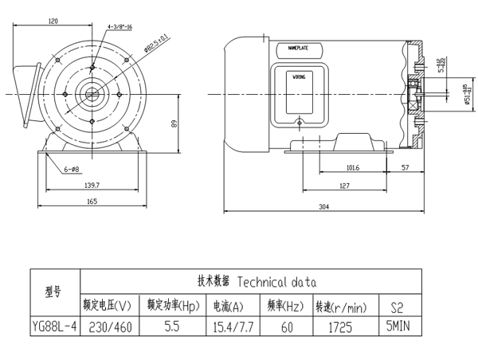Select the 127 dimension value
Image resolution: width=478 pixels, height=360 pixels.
[x=344, y=186]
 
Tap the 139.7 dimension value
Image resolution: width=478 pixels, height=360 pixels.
[x=92, y=185]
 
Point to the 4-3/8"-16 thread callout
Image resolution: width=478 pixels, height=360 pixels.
[x=119, y=26]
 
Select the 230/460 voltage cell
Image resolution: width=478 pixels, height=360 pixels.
[x=112, y=327]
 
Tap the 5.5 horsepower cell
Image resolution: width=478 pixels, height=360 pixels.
[x=172, y=327]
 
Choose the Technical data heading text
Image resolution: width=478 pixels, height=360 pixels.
[x=277, y=281]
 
